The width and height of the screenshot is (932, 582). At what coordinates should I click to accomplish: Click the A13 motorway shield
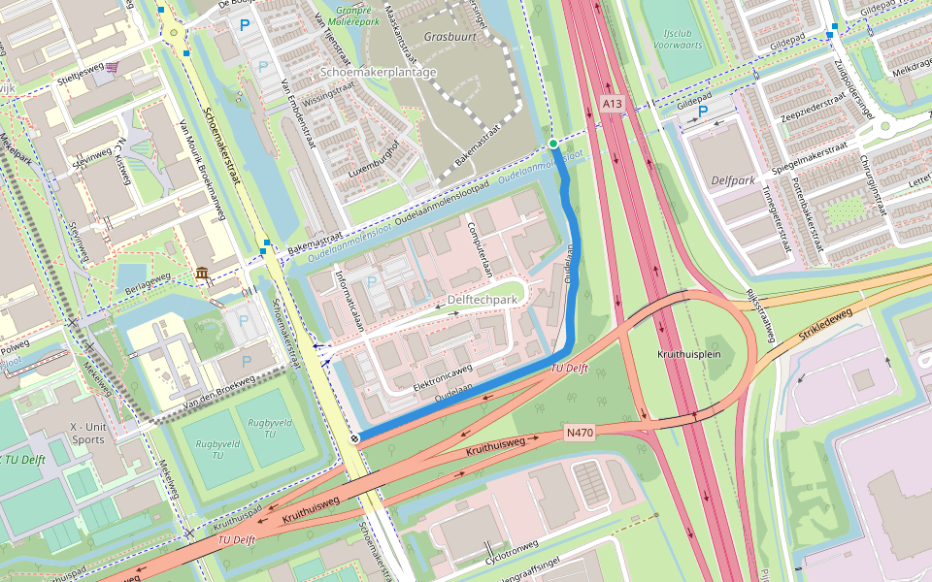pos(611,103)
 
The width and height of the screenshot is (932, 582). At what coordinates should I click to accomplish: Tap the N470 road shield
pos(579,432)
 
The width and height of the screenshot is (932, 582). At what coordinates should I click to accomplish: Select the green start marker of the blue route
pos(552,145)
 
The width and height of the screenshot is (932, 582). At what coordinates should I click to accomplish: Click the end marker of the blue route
pos(355,439)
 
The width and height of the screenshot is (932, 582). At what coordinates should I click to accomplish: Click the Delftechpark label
pos(483,300)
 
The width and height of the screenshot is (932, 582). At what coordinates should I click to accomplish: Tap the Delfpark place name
pos(733,180)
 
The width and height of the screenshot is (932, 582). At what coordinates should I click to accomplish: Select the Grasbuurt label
pos(447,36)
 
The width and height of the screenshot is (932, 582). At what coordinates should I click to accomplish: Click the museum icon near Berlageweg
pos(202,275)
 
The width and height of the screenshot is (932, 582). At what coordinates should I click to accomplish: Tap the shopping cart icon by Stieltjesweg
pos(114,67)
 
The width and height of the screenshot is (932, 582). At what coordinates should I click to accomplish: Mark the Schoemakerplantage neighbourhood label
pos(379,72)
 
